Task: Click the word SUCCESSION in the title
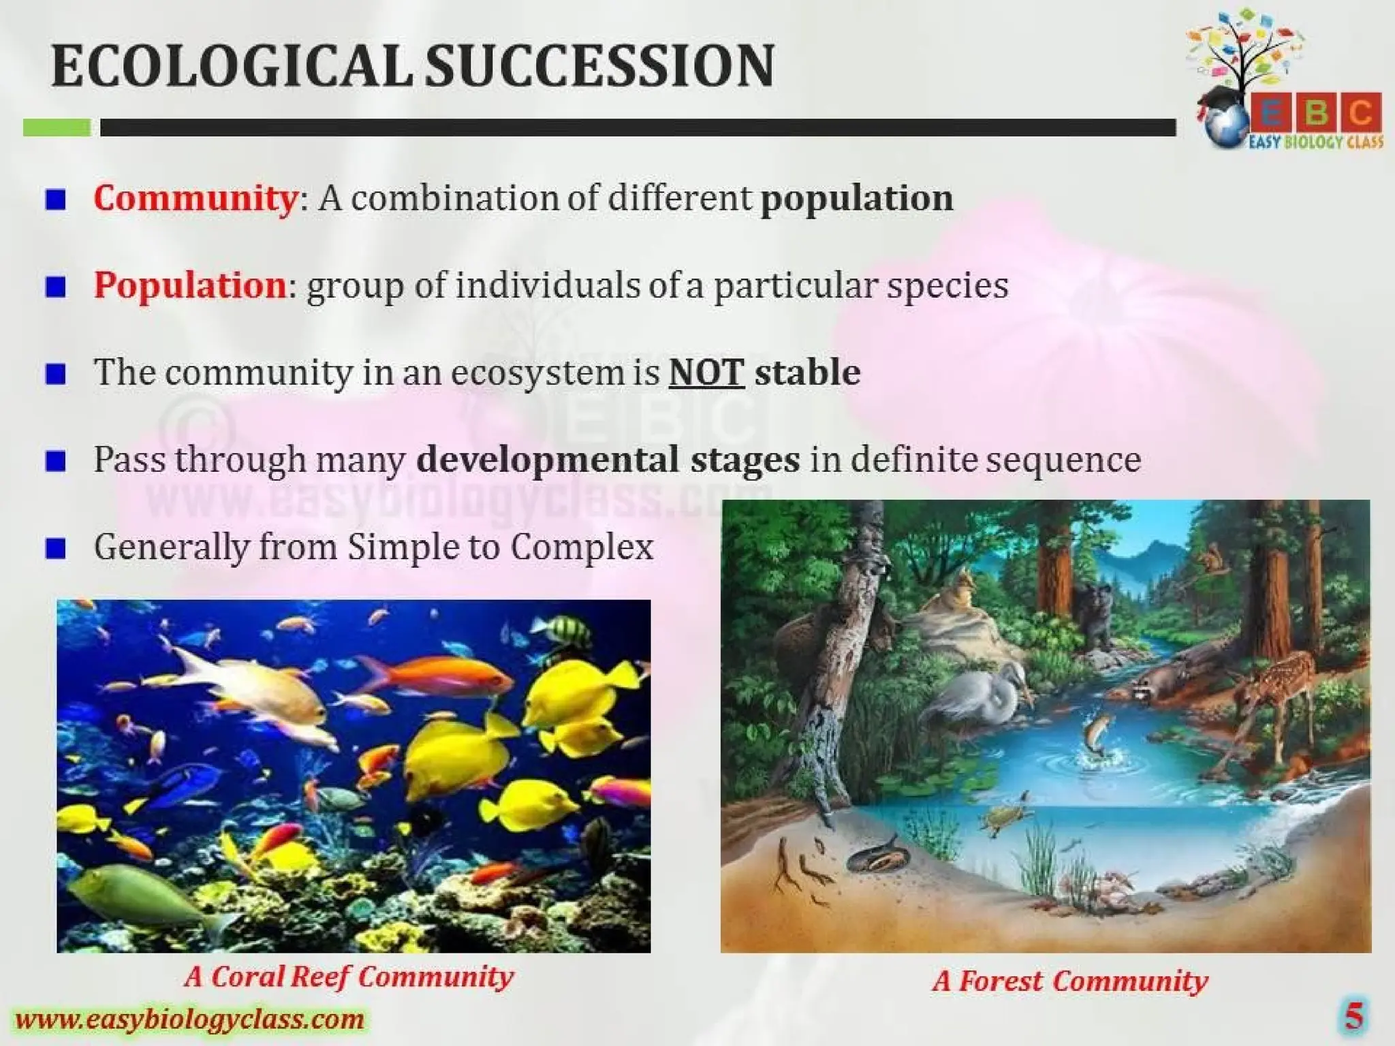599,66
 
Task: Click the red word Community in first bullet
195,198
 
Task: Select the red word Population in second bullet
189,285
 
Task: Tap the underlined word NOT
706,373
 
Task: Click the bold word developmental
547,460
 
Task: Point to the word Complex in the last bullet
582,547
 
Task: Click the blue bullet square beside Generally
56,548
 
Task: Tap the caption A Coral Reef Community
349,977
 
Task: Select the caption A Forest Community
1069,981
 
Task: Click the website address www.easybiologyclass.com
189,1019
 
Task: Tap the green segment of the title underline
57,127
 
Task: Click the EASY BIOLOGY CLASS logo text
1315,142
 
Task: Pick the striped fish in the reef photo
567,630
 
